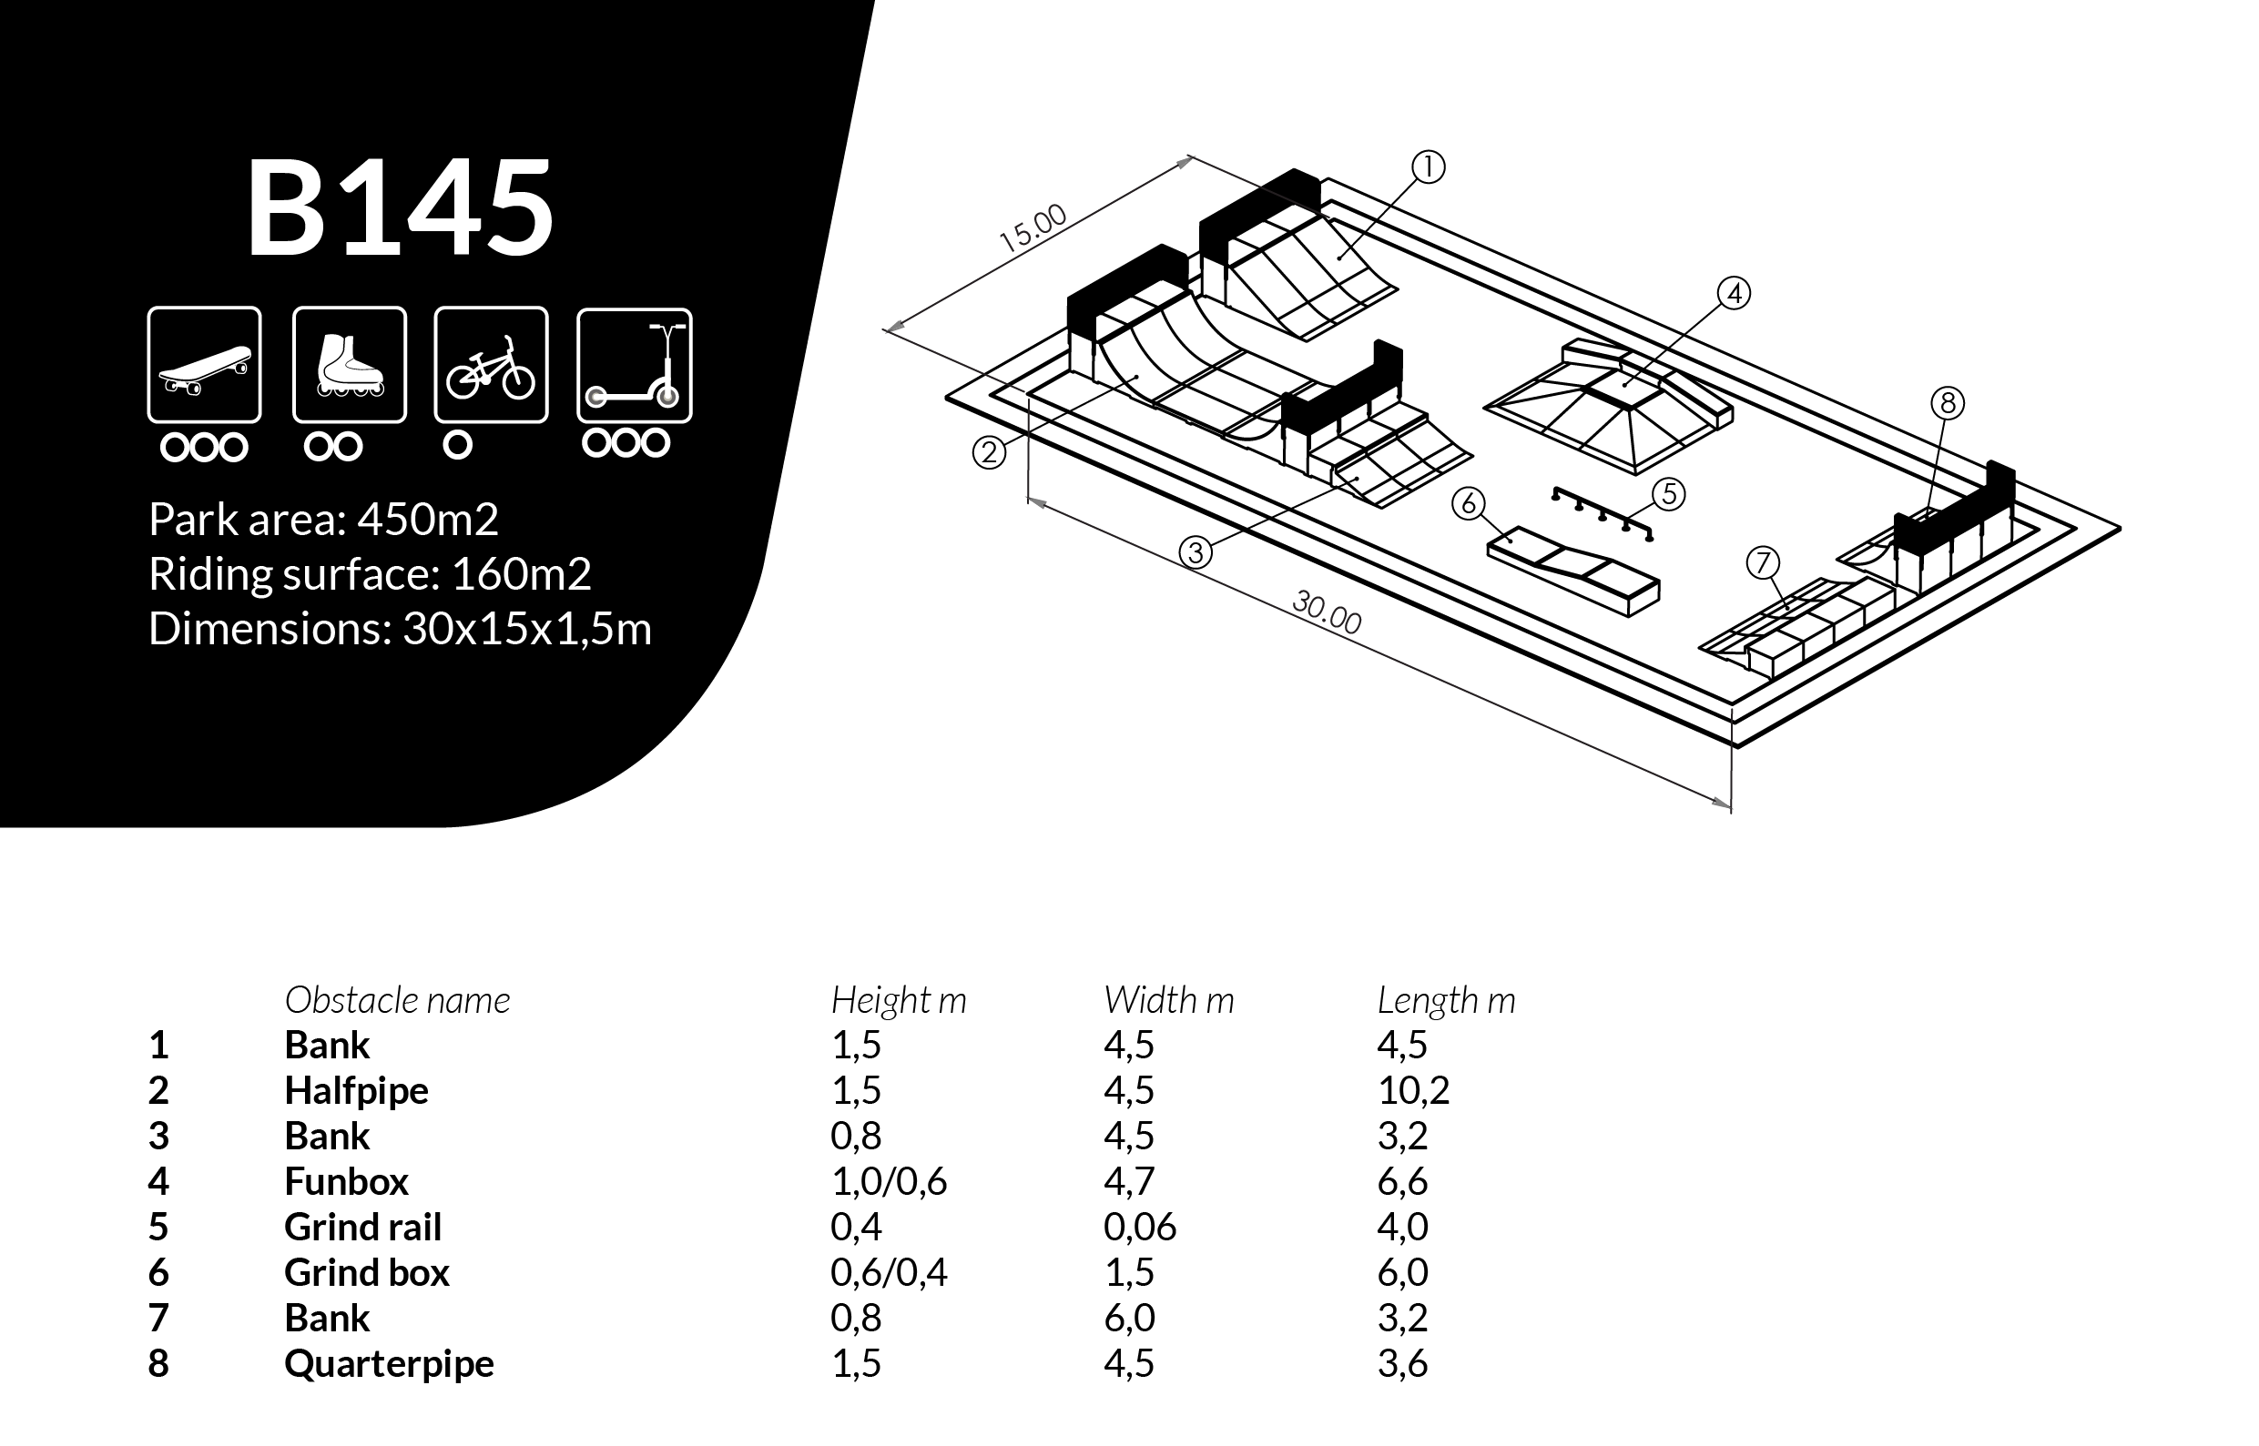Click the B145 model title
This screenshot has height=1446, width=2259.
click(400, 208)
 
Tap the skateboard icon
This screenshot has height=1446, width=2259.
click(204, 365)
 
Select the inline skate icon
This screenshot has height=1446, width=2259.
click(350, 365)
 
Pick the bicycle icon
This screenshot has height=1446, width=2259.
click(490, 365)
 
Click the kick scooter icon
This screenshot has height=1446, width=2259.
click(634, 365)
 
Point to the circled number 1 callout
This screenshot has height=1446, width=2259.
click(1428, 167)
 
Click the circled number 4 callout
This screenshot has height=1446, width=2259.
click(1734, 294)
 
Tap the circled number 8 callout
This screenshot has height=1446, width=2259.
click(1948, 403)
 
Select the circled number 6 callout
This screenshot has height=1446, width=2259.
click(1468, 504)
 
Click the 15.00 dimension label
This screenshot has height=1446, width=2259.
click(1033, 228)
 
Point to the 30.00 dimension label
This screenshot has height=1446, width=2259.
click(1327, 612)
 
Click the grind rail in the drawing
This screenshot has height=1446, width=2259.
click(1603, 513)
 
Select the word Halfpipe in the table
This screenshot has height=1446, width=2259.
click(356, 1090)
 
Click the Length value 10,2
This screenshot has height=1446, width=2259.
click(1413, 1090)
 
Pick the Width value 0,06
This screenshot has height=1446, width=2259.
click(1139, 1227)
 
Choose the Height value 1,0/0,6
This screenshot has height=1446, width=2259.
click(889, 1181)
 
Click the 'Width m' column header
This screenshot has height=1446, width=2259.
click(1168, 1000)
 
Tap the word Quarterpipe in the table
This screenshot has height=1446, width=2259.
click(389, 1363)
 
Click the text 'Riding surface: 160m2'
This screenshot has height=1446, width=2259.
click(370, 573)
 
